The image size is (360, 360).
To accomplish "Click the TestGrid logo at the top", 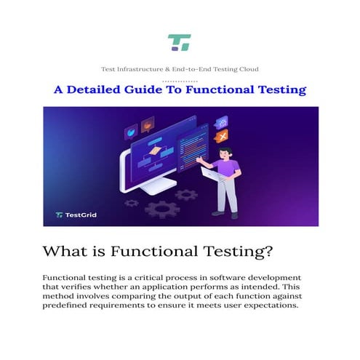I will (179, 42).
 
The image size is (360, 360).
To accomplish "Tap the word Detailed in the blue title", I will (104, 90).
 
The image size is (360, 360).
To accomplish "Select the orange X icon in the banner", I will (222, 135).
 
